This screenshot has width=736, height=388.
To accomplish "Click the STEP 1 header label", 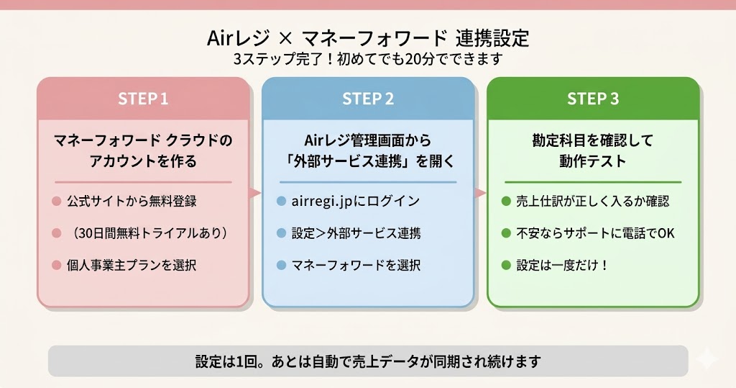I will [143, 99].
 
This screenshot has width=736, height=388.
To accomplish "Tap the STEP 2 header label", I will [368, 99].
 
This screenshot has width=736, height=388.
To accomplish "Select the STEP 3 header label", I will [593, 99].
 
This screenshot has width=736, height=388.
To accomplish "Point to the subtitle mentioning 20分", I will [367, 58].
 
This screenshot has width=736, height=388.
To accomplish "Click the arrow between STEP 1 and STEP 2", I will [254, 193].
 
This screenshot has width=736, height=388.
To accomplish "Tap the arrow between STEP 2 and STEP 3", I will [480, 193].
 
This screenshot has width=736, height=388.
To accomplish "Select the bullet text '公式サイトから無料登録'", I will [132, 202].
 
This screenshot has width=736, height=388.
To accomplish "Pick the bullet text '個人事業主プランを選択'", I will [132, 265].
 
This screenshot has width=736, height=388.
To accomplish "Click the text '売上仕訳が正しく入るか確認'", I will [592, 202].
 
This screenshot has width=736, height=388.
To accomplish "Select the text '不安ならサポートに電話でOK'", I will [595, 233].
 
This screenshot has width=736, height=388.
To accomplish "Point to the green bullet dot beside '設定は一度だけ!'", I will [505, 265].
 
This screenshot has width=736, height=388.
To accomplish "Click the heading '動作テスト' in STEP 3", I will [593, 161].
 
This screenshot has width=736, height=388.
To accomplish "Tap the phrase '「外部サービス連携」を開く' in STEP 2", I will [367, 161].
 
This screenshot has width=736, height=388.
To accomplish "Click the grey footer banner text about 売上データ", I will [367, 361].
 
